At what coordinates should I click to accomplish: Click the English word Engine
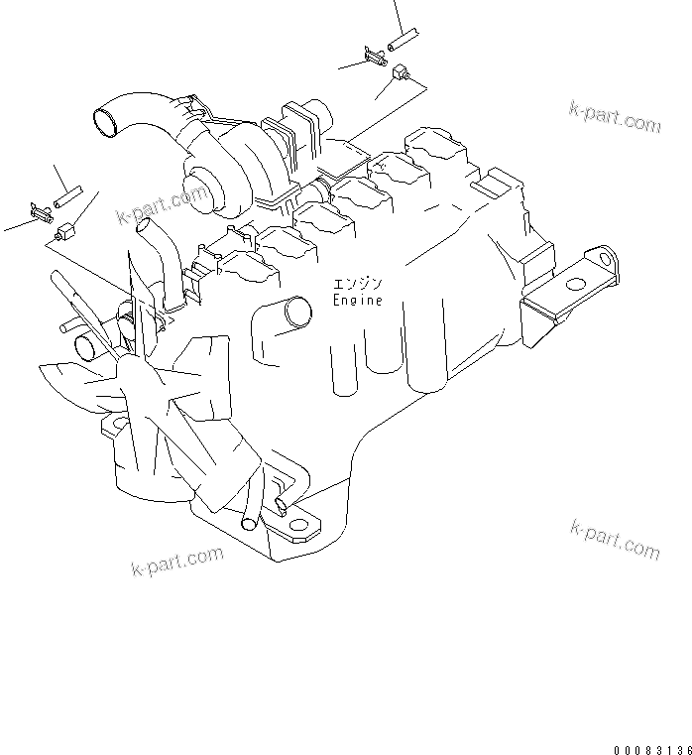tap(357, 300)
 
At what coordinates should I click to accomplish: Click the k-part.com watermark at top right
tap(614, 118)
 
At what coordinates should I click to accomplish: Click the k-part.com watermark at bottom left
tap(177, 562)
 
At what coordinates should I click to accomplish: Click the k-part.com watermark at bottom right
tap(615, 539)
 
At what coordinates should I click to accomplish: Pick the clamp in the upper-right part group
tap(375, 55)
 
